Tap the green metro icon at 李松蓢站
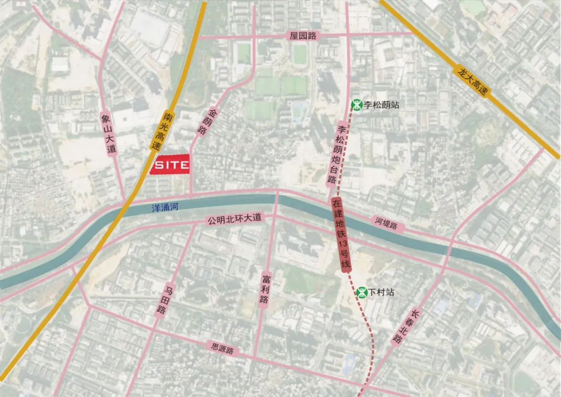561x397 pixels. pos(357,105)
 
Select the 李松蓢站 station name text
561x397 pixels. pos(382,105)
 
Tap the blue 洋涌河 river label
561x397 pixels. pos(165,207)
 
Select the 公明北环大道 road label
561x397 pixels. pos(232,221)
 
